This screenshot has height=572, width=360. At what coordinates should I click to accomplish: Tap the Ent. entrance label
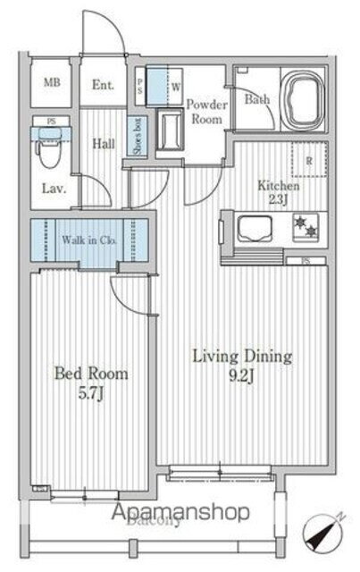pos(103,87)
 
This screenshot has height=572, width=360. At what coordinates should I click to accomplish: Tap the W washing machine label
pos(175,88)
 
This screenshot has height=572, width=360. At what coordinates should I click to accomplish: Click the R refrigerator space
pos(308,162)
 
